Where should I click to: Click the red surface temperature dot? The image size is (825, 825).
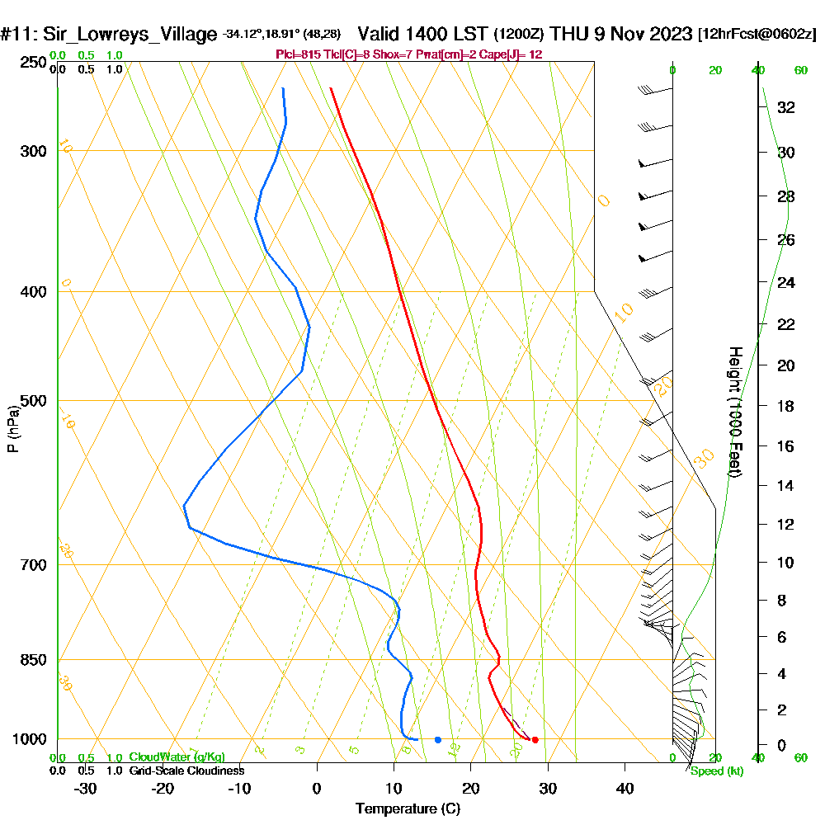point(535,740)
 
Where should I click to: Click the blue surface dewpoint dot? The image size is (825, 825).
point(438,740)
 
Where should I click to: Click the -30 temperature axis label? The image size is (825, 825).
point(86,788)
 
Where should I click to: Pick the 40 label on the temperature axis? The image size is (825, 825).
point(625,788)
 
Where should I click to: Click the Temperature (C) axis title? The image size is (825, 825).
point(408,809)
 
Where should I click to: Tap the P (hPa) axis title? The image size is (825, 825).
point(12,429)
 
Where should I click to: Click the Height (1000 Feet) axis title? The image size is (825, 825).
point(733,412)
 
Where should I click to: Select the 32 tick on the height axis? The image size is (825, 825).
point(786,106)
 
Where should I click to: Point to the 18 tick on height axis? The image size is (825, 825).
point(786,406)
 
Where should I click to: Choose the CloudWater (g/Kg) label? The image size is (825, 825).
point(177,757)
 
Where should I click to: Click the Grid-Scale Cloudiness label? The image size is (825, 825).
point(186,771)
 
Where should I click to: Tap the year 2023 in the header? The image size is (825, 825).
point(666,35)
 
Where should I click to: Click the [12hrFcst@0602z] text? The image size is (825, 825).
point(757,35)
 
